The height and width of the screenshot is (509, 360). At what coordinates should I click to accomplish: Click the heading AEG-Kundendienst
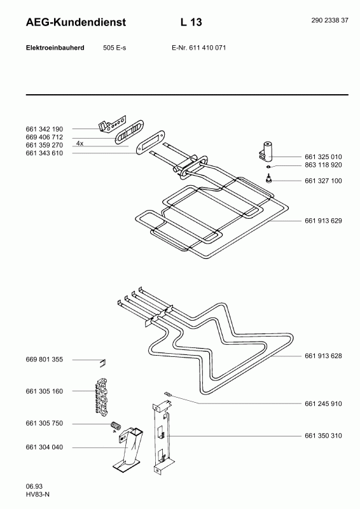tap(76, 22)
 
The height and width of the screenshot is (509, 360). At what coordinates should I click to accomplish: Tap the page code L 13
tap(191, 22)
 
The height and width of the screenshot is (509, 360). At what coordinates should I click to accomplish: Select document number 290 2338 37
tap(329, 20)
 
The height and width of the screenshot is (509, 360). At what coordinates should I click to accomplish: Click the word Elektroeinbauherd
tap(55, 48)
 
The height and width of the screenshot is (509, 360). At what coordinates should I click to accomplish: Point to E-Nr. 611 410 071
tap(198, 48)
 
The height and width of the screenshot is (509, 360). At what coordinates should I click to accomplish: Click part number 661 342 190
tap(44, 129)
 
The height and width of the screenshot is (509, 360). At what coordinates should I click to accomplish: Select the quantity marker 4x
tap(80, 143)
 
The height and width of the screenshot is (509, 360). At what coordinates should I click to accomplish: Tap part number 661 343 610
tap(44, 153)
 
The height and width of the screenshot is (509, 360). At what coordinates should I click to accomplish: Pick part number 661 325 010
tap(323, 157)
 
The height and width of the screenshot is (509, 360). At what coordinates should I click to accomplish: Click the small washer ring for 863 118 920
tap(268, 167)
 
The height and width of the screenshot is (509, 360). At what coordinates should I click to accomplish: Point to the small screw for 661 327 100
tap(268, 178)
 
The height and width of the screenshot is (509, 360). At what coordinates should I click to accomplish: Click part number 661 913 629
tap(323, 221)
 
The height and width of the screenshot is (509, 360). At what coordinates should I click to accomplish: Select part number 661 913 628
tap(323, 356)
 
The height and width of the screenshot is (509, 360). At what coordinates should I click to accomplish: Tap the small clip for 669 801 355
tap(103, 363)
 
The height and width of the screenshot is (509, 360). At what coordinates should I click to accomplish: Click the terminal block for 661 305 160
tap(101, 396)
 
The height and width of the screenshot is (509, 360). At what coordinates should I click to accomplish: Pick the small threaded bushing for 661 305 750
tap(115, 425)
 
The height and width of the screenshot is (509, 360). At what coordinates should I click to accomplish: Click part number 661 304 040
tap(44, 447)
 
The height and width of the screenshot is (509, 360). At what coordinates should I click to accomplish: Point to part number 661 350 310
tap(323, 436)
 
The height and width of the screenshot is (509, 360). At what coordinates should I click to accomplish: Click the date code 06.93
tap(34, 486)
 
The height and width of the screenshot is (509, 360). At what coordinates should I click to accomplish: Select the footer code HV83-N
tap(38, 495)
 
